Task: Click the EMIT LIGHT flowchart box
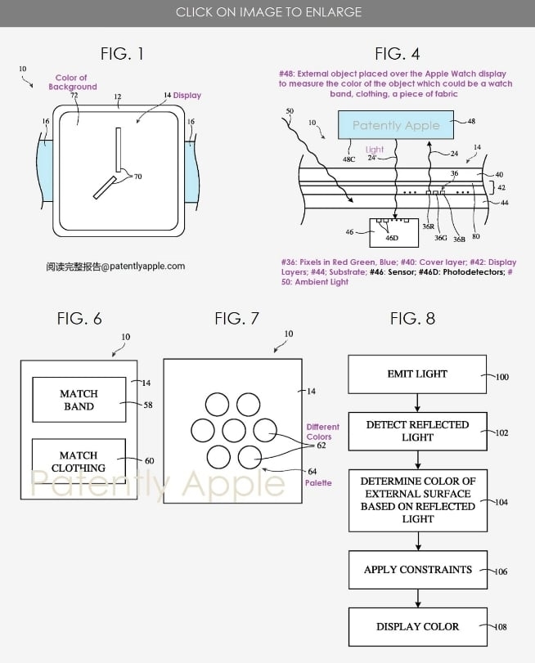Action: (x=417, y=374)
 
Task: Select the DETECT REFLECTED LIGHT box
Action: (x=417, y=431)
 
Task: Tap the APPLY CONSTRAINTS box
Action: (x=417, y=569)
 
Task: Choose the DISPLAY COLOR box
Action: (x=417, y=626)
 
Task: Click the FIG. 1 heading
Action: (x=122, y=54)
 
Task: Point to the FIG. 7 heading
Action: (x=237, y=318)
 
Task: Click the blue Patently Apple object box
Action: (x=395, y=126)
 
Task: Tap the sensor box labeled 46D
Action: (x=391, y=231)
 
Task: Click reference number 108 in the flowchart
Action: (x=501, y=627)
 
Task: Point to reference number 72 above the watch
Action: (x=74, y=96)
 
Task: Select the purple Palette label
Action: (x=319, y=483)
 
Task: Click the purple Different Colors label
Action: (x=322, y=432)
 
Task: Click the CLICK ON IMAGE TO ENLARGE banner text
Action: (x=267, y=12)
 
